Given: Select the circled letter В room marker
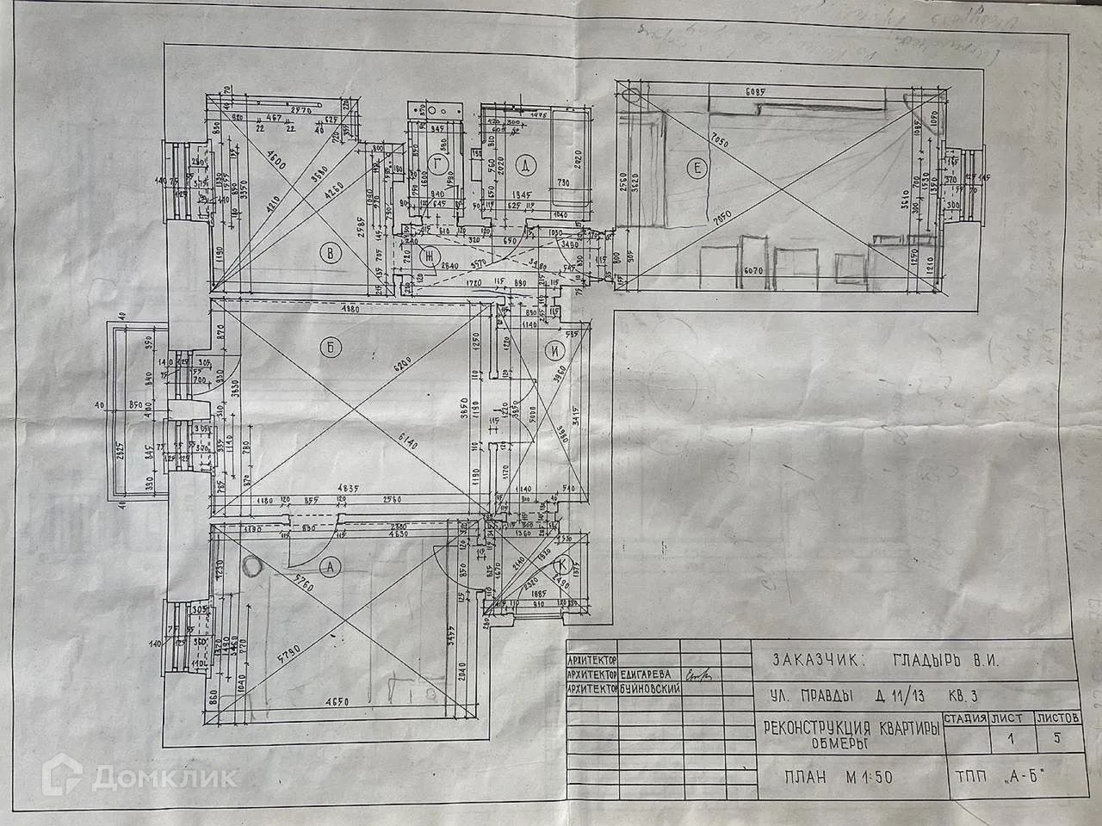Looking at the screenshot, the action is (328, 253).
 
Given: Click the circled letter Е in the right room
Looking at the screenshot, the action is (695, 169).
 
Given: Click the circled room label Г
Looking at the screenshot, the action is (441, 163).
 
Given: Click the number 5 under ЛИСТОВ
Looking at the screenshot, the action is (1056, 737).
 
